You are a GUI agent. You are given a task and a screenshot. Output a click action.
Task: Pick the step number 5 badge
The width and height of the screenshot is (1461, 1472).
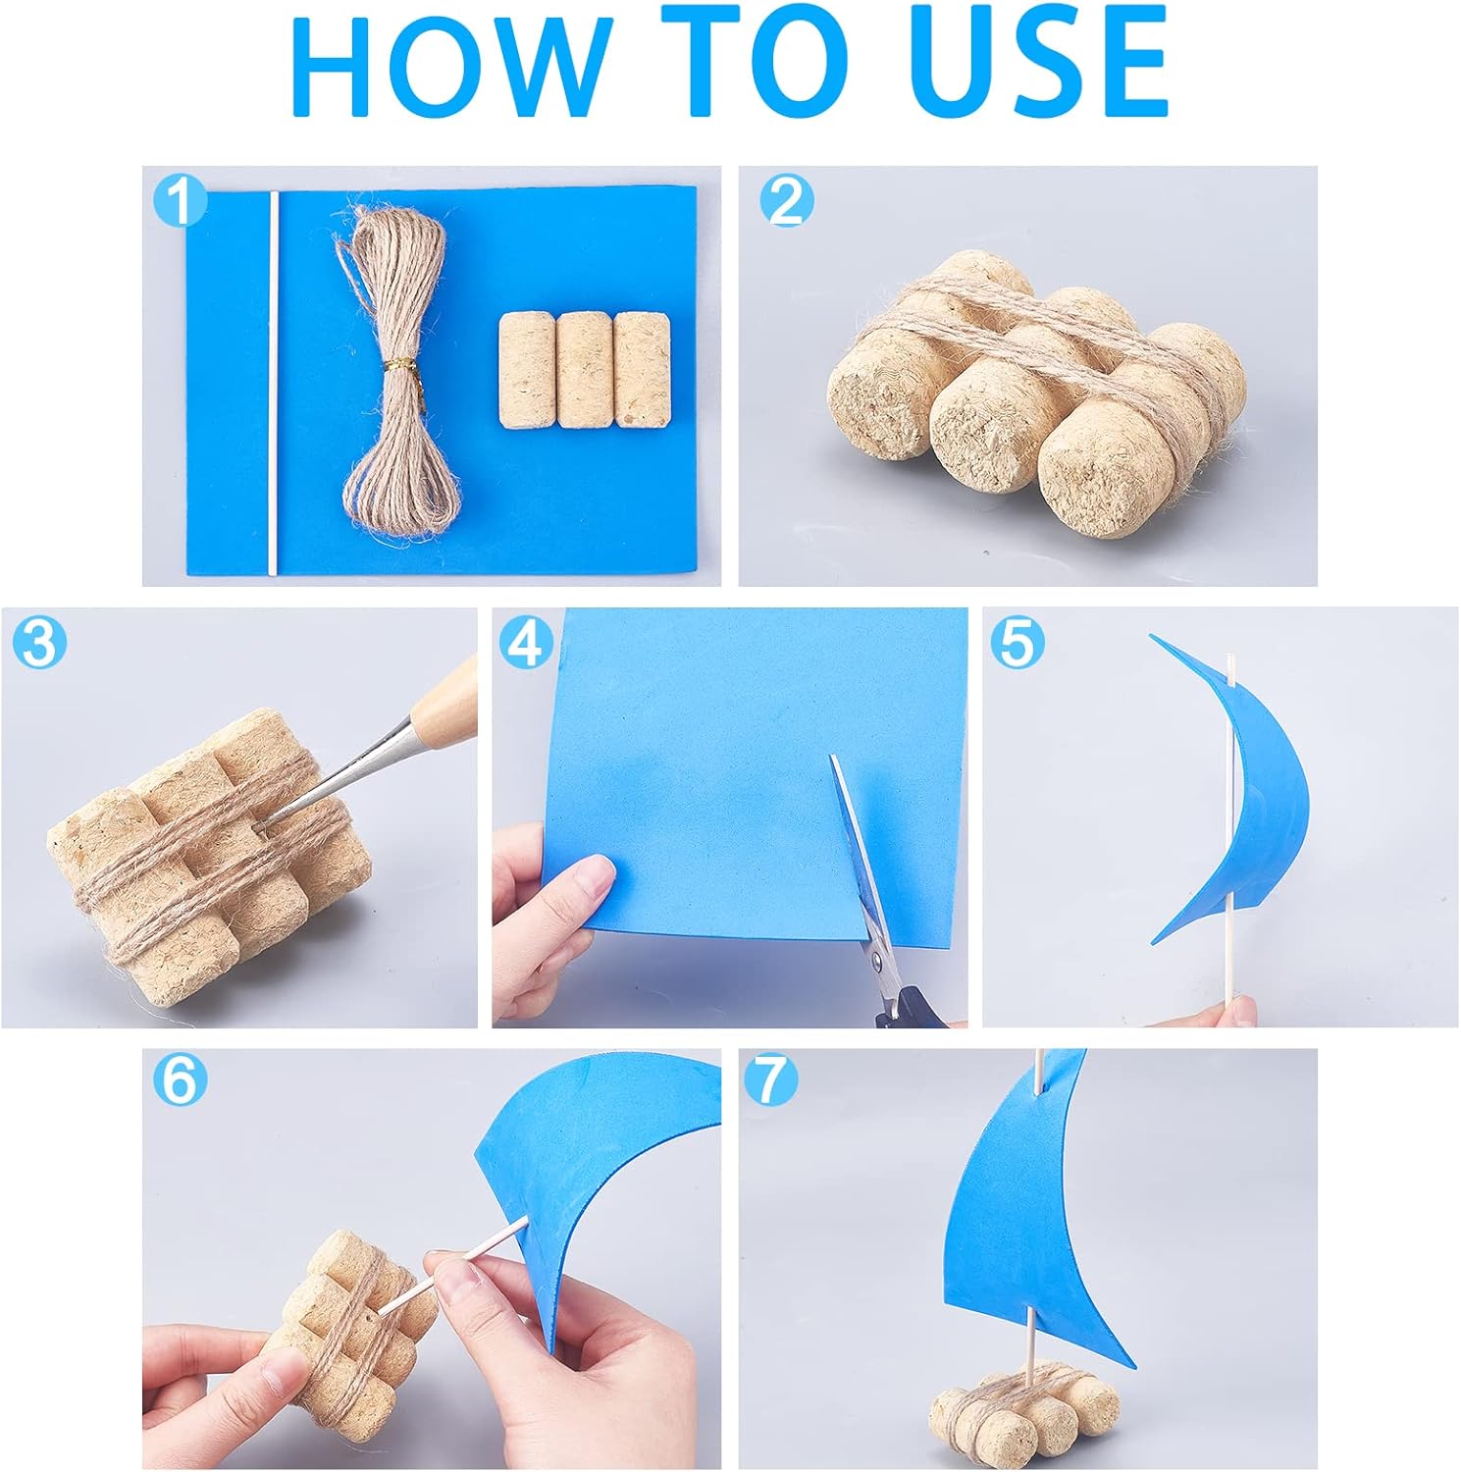pos(1017,643)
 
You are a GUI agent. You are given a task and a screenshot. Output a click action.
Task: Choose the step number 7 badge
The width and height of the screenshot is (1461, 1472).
pos(771,1080)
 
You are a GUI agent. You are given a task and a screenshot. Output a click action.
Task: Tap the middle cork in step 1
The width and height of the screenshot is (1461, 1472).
pos(584,370)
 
